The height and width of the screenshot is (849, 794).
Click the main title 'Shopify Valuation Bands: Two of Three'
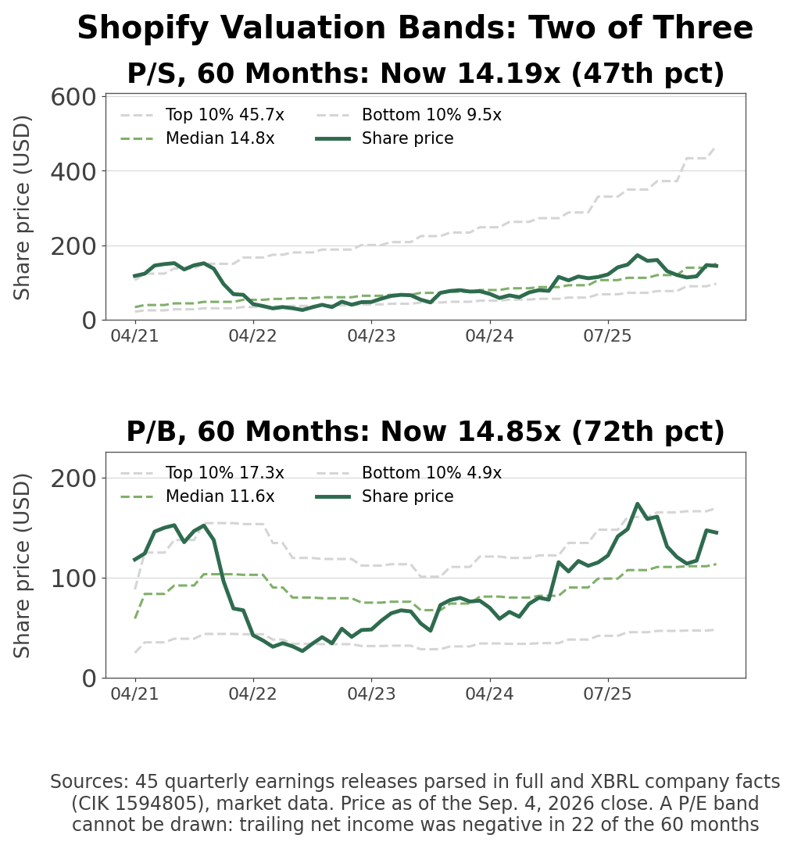(415, 27)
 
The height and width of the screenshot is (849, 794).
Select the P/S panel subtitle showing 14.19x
(425, 73)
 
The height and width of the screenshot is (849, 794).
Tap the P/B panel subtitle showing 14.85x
(425, 432)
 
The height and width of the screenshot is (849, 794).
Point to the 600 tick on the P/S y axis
(73, 98)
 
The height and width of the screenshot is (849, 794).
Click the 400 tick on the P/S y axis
(73, 172)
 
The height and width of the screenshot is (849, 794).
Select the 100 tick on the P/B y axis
(73, 579)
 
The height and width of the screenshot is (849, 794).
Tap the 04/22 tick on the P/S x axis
(252, 335)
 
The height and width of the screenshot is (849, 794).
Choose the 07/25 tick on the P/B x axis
(607, 693)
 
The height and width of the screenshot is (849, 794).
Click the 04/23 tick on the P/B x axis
(371, 693)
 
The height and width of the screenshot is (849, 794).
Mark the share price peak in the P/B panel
(638, 503)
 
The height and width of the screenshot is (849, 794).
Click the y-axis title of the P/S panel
(22, 208)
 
